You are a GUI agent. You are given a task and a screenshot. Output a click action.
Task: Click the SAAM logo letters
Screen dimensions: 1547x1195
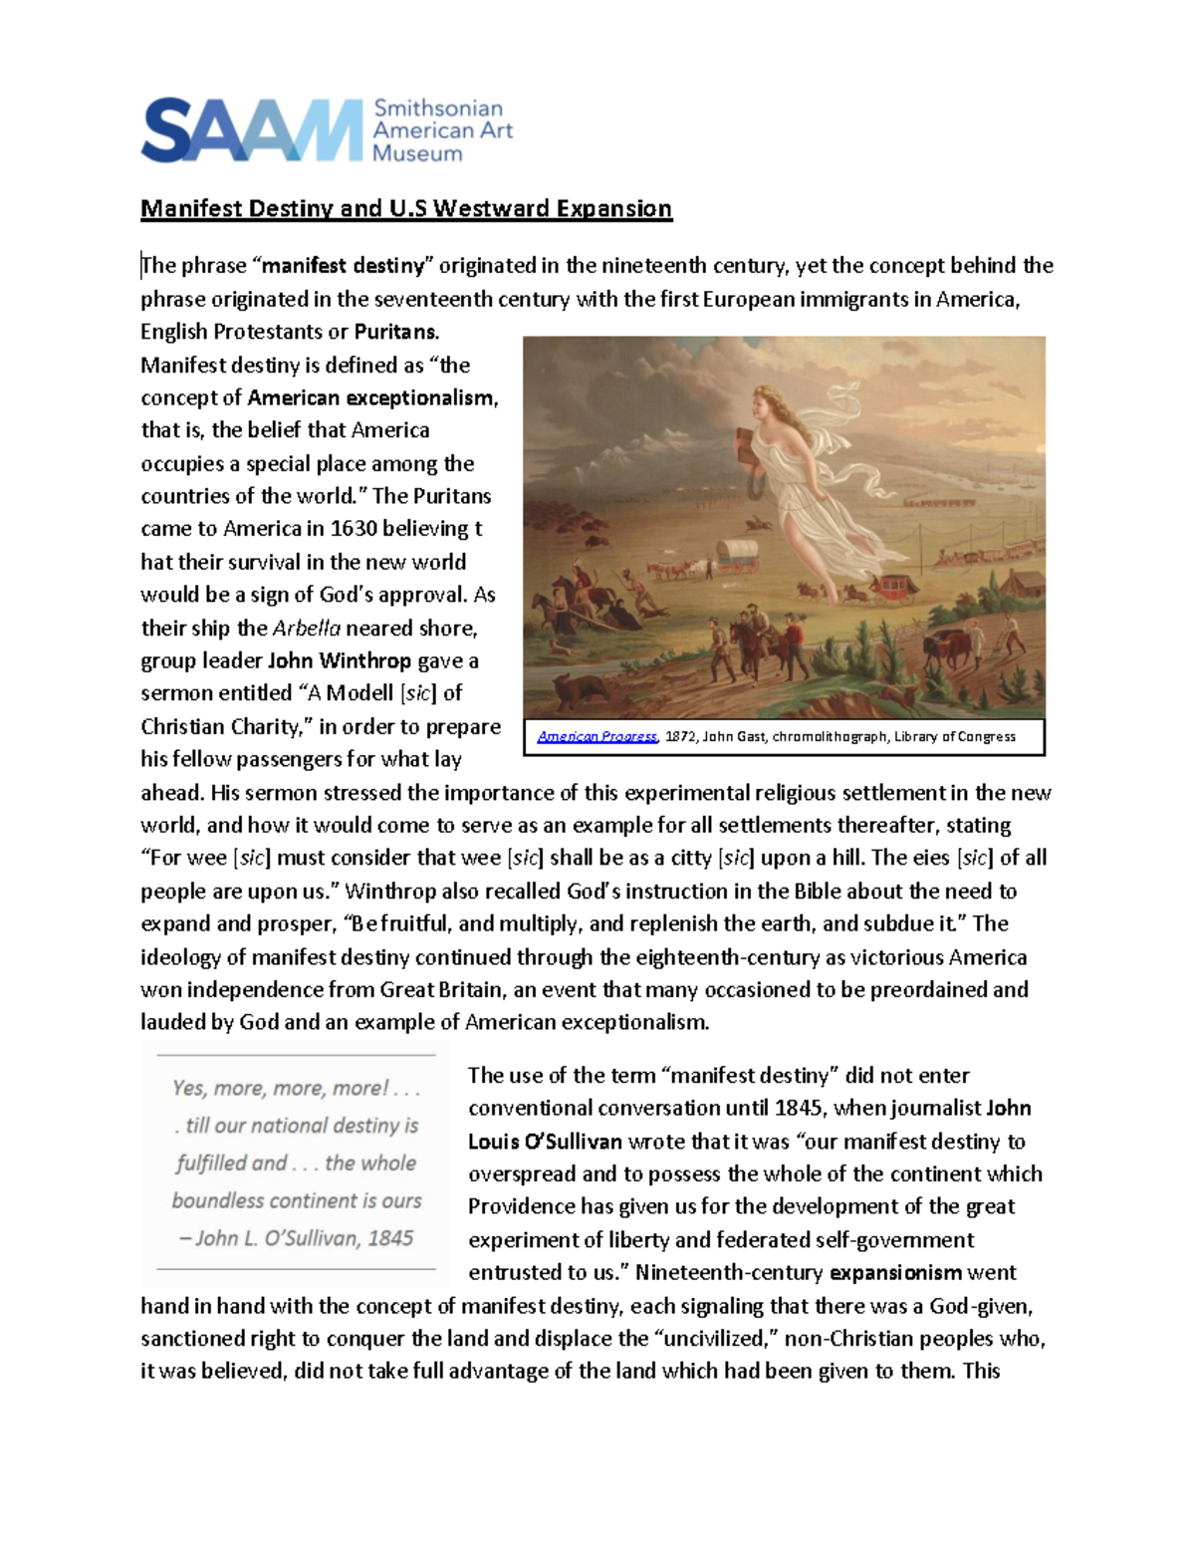pos(251,130)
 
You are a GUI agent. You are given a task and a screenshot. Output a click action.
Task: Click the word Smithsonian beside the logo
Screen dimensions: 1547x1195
pos(437,109)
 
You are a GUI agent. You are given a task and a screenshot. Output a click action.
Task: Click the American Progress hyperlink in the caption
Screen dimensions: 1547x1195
pos(597,737)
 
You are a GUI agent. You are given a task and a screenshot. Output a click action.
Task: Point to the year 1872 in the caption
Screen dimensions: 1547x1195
pos(680,737)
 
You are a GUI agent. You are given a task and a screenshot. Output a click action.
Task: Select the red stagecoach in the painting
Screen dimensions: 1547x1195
pos(893,587)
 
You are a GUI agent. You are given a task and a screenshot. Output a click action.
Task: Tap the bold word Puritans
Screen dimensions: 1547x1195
pos(395,332)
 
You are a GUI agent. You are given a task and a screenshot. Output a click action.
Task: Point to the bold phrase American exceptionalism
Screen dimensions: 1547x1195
pos(370,397)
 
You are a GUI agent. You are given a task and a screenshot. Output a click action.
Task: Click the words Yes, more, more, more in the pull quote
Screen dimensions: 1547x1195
pos(279,1088)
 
